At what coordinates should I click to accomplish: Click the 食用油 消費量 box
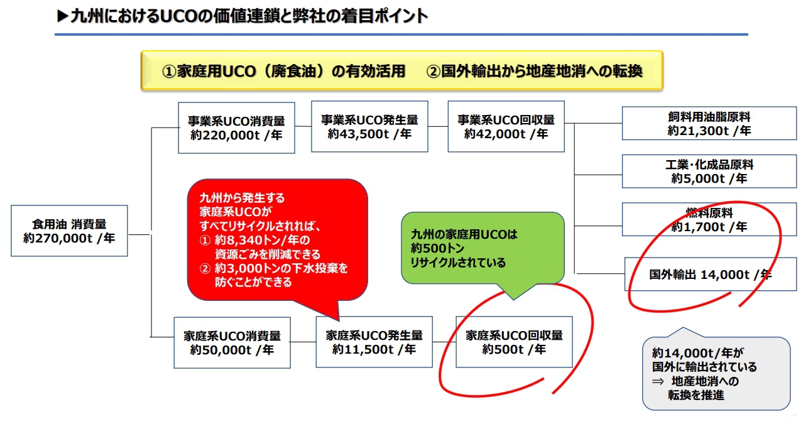[x=69, y=231]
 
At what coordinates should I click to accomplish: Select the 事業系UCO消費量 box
[x=236, y=128]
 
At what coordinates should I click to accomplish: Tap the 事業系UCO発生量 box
[x=369, y=126]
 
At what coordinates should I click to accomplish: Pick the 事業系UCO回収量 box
[x=506, y=126]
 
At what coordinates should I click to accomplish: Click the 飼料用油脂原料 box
[x=709, y=124]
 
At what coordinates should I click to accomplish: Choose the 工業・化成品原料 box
[x=709, y=171]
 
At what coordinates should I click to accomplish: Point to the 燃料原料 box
[x=709, y=219]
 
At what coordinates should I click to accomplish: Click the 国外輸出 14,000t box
[x=710, y=274]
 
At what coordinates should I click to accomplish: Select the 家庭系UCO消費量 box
[x=232, y=342]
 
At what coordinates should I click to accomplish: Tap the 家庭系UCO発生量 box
[x=374, y=342]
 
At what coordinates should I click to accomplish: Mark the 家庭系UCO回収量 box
[x=514, y=342]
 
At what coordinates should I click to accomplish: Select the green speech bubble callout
[x=482, y=248]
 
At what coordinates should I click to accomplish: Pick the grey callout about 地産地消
[x=716, y=373]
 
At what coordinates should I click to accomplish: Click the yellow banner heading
[x=402, y=71]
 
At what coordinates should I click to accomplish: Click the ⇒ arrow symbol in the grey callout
[x=657, y=381]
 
